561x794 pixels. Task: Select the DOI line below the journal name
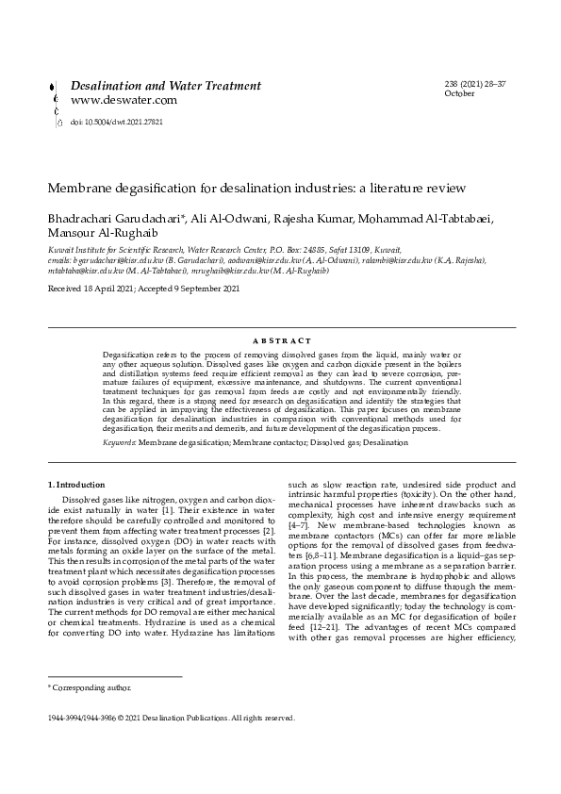[x=109, y=123]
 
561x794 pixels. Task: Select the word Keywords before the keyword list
[x=120, y=441]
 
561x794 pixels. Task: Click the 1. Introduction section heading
[x=76, y=485]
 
